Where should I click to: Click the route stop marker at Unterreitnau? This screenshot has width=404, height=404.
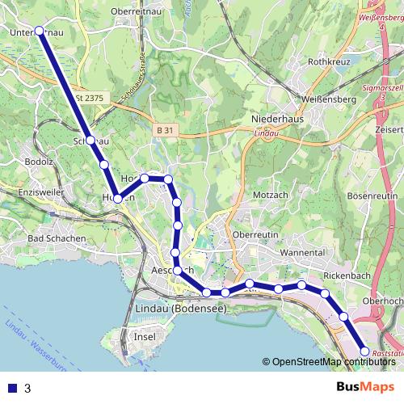[x=39, y=32]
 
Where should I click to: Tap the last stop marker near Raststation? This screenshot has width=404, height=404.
[x=364, y=351]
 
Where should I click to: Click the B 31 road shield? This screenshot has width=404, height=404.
[x=165, y=130]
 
